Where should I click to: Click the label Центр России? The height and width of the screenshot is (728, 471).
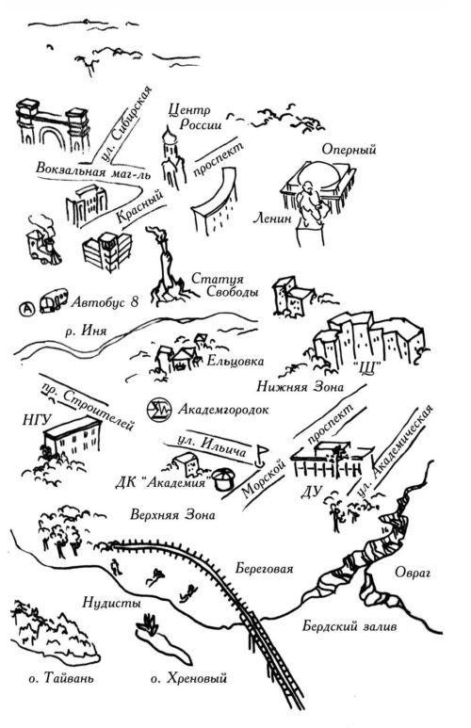click(194, 117)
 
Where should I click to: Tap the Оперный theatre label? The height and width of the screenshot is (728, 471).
click(349, 150)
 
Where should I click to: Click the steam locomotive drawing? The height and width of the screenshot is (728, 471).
click(42, 241)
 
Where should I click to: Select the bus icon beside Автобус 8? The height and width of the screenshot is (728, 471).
click(53, 300)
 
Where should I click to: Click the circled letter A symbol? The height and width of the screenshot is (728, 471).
click(27, 308)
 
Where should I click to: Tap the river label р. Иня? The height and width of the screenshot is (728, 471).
click(86, 331)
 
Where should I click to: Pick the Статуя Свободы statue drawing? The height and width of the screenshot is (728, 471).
click(169, 267)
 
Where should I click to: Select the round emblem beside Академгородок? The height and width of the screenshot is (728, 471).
click(158, 410)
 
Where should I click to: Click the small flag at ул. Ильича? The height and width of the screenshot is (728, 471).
click(261, 455)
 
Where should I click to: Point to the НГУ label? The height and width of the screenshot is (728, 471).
click(36, 420)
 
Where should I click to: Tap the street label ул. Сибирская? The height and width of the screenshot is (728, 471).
click(126, 123)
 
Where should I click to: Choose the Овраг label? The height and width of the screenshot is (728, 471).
click(413, 573)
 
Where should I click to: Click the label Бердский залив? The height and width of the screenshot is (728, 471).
click(349, 626)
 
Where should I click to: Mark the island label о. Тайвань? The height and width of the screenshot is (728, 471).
click(61, 678)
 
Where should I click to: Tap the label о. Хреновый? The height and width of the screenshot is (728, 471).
click(188, 678)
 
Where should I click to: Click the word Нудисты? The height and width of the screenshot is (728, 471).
click(111, 603)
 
